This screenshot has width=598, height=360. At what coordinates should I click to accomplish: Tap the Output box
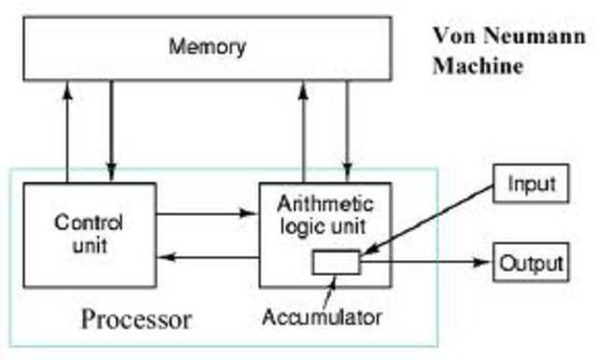[530, 263]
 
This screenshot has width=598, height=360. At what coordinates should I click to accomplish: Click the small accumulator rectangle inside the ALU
[336, 264]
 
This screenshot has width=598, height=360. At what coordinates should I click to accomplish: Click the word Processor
[136, 320]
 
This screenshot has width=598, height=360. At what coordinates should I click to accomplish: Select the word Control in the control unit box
[90, 225]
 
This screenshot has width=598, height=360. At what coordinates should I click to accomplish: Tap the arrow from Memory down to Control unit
[111, 131]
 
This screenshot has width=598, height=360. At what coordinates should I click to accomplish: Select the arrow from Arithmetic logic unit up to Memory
[304, 131]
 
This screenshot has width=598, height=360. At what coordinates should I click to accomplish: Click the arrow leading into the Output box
[426, 264]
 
